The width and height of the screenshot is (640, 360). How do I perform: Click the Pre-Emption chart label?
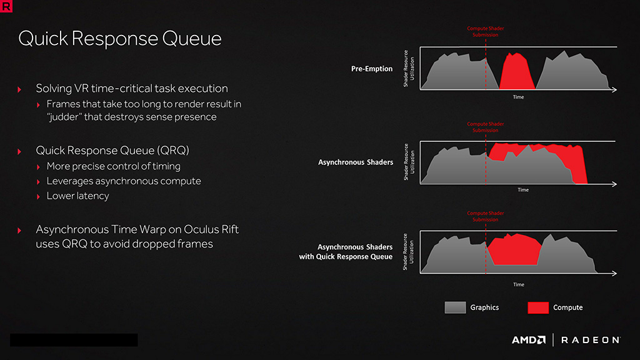pyautogui.click(x=372, y=69)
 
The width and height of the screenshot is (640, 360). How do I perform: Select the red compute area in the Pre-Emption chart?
pyautogui.click(x=517, y=71)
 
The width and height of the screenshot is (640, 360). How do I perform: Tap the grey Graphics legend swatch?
pyautogui.click(x=455, y=307)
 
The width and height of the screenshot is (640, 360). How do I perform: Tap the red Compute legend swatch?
pyautogui.click(x=538, y=307)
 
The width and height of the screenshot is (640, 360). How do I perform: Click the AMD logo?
pyautogui.click(x=529, y=340)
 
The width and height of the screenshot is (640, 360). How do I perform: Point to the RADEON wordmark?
pyautogui.click(x=591, y=340)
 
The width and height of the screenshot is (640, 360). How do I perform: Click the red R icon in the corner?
pyautogui.click(x=6, y=6)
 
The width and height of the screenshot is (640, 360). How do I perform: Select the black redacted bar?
pyautogui.click(x=74, y=340)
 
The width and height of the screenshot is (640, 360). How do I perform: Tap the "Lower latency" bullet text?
pyautogui.click(x=78, y=196)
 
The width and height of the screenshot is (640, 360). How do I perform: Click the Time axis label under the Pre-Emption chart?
pyautogui.click(x=518, y=97)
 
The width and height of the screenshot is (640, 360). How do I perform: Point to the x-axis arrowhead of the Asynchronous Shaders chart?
pyautogui.click(x=614, y=184)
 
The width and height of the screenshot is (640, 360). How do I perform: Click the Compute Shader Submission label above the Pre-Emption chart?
pyautogui.click(x=485, y=31)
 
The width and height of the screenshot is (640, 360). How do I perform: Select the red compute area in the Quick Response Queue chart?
pyautogui.click(x=514, y=249)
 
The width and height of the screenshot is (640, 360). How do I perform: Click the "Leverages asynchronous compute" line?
pyautogui.click(x=124, y=181)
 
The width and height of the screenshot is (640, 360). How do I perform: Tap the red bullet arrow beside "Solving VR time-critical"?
pyautogui.click(x=19, y=89)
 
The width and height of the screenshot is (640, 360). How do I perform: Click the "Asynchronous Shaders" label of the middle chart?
pyautogui.click(x=356, y=162)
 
